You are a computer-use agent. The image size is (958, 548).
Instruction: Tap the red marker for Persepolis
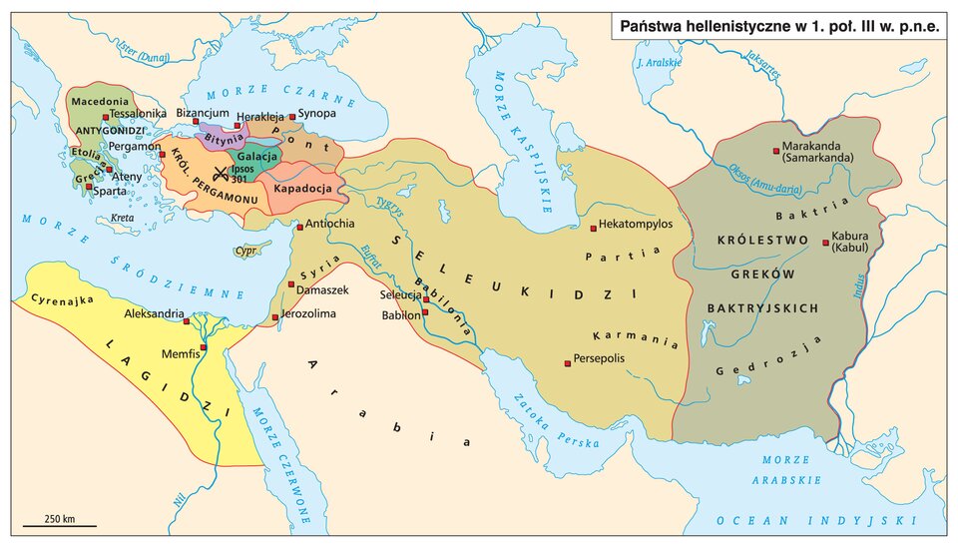click(568, 363)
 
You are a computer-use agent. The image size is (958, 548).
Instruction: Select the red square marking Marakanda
click(775, 151)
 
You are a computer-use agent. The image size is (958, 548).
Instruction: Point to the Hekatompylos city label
click(636, 225)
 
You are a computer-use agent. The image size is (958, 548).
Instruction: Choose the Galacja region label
click(257, 158)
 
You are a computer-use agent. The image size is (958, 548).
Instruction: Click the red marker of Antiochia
click(298, 226)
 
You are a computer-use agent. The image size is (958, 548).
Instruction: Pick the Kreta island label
click(123, 218)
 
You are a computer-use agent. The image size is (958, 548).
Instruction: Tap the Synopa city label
click(316, 115)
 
